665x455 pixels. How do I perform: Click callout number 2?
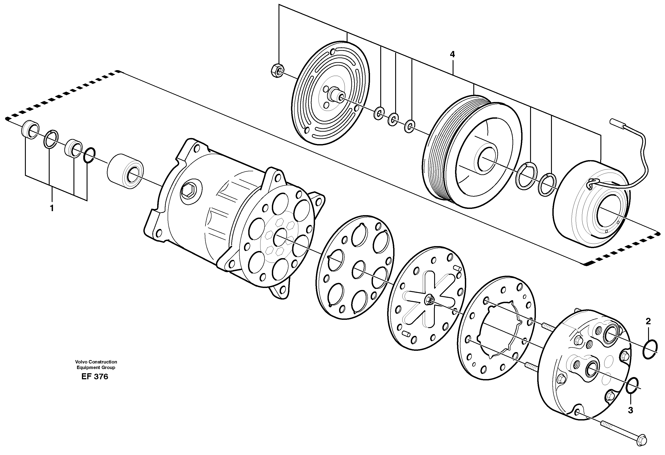coord(648,321)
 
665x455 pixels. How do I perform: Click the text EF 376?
coord(95,377)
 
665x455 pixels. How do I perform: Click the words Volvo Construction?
coord(96,362)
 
